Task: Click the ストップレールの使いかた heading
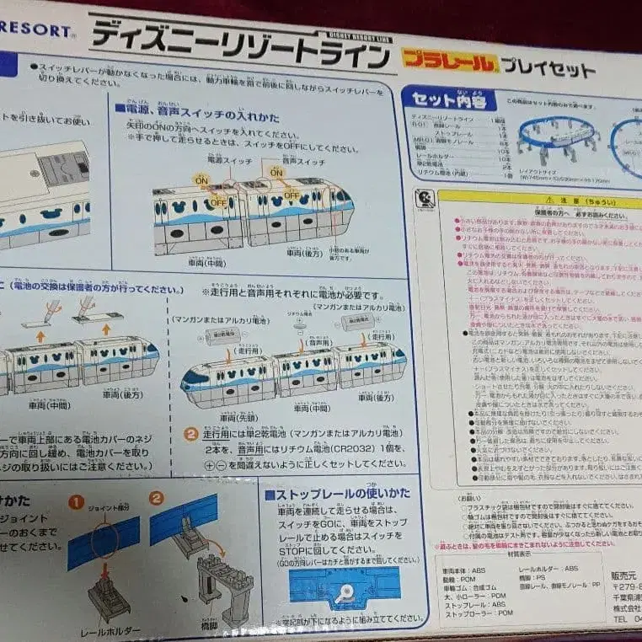point(341,493)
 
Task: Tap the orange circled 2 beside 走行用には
point(192,435)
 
